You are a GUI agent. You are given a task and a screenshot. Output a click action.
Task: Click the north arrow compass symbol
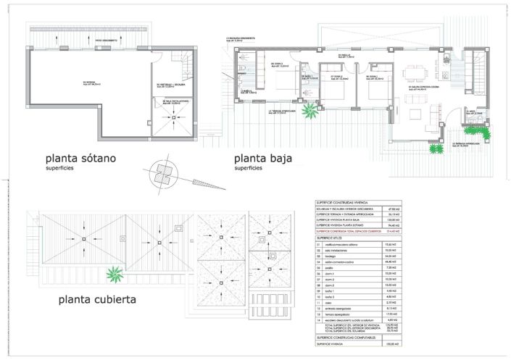pos(165,170)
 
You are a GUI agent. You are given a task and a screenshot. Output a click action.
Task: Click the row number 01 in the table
pos(319,245)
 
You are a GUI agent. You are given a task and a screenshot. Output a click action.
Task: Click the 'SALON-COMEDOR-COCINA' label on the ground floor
pos(423,87)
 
